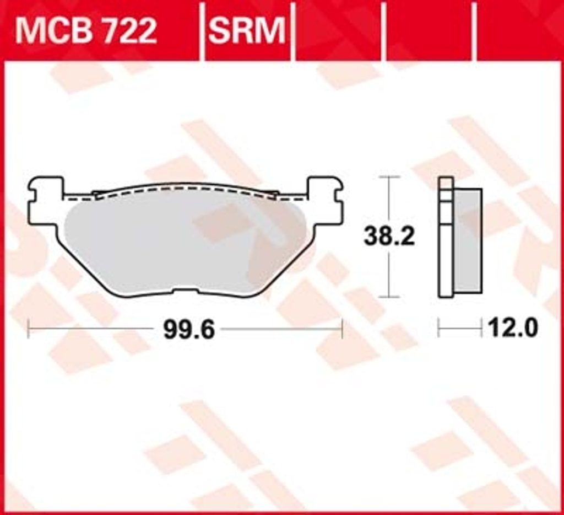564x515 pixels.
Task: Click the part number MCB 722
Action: (x=86, y=31)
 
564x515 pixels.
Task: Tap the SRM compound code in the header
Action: (x=247, y=31)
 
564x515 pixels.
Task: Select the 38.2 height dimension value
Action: (x=389, y=236)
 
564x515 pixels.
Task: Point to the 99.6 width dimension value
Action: (x=189, y=330)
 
